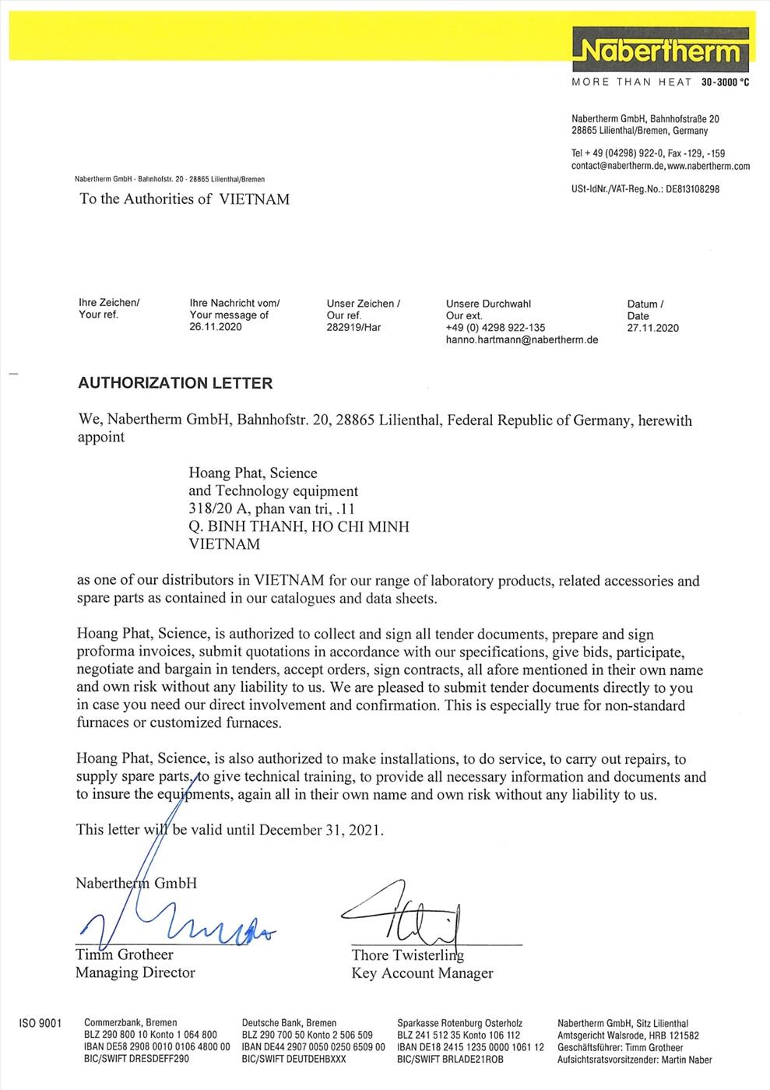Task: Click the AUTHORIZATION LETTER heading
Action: [175, 383]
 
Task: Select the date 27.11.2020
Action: [652, 328]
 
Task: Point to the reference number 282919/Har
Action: [353, 327]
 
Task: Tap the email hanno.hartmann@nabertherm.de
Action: [522, 339]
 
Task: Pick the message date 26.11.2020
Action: [215, 327]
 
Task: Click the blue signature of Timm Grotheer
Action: [179, 923]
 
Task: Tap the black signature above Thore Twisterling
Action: [405, 911]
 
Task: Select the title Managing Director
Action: [135, 972]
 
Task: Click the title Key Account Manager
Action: [422, 973]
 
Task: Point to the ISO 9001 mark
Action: [39, 1023]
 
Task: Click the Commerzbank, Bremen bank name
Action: [130, 1023]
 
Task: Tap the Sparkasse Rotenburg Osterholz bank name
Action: [459, 1023]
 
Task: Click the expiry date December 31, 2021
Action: [320, 830]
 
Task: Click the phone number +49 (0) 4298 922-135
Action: [495, 328]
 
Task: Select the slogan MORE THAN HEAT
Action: [631, 82]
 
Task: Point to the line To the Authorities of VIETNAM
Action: [184, 199]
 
